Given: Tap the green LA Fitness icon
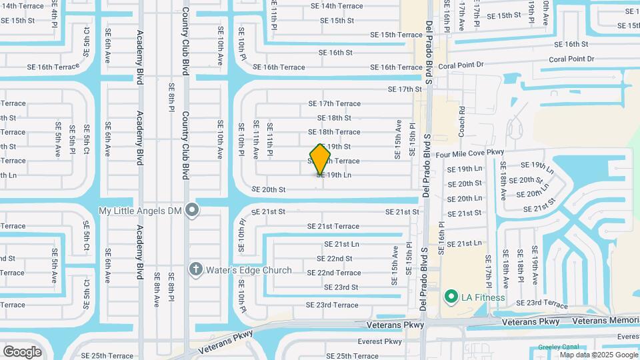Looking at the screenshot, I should tap(451, 297).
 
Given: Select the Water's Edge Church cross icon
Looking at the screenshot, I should tap(195, 270).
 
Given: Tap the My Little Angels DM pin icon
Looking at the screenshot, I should tap(192, 211).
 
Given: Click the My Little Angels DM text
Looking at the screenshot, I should tap(140, 211).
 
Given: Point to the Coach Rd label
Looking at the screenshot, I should tap(461, 121).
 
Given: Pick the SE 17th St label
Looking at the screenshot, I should tap(405, 89).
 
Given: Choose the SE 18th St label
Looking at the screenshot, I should tap(334, 118).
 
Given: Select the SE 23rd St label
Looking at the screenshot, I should tap(341, 287).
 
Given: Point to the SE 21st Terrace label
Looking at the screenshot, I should tap(333, 227).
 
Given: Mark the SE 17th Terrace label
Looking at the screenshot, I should tap(334, 103).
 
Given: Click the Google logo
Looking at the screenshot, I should tap(22, 351).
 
